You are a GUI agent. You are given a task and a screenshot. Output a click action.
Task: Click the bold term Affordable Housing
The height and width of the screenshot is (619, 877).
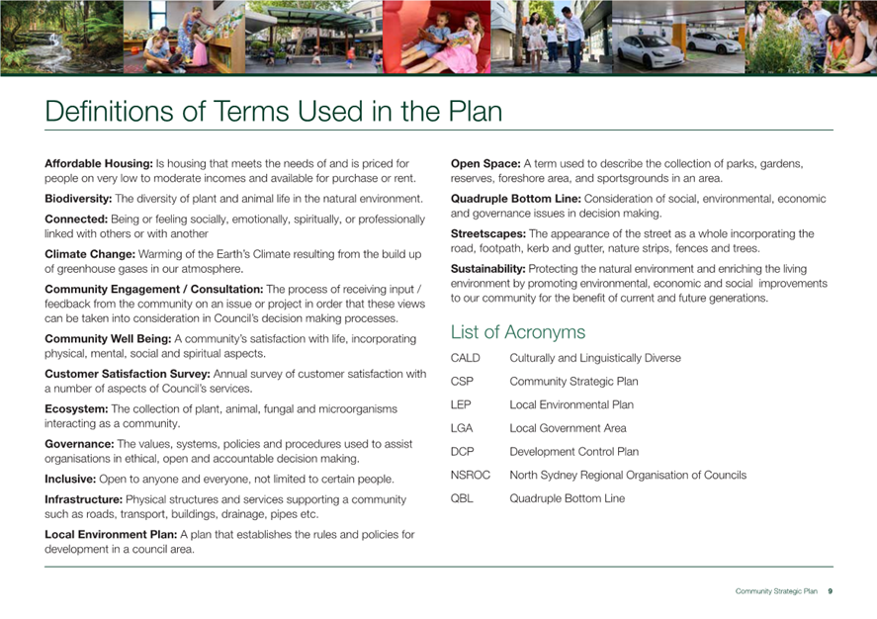[x=98, y=163]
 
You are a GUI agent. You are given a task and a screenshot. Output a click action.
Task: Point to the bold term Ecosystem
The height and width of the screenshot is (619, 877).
[x=76, y=408]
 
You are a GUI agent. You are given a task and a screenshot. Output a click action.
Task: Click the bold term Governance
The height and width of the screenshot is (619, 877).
[x=79, y=444]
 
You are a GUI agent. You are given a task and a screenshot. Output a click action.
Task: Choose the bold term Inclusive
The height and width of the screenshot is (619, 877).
[x=70, y=480]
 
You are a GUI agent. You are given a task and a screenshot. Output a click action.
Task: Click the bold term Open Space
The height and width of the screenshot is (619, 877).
[x=484, y=163]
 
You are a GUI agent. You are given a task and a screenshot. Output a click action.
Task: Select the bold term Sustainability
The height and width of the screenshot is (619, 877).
[x=488, y=269]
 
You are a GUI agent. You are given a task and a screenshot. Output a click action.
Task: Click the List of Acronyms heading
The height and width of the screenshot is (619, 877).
[x=517, y=332]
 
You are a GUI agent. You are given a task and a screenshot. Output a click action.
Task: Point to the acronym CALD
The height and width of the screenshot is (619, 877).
[x=465, y=358]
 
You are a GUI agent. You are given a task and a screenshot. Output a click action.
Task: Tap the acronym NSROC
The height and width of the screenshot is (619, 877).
[x=470, y=476]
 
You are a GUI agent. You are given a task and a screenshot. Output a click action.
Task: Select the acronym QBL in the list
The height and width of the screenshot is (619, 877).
[x=462, y=498]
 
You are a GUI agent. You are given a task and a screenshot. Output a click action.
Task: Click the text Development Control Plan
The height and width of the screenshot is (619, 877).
[x=573, y=452]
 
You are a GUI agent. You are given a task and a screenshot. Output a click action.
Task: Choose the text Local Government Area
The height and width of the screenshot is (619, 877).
[x=568, y=428]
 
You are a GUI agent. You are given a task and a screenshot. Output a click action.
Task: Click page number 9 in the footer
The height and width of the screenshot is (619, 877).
[x=830, y=590]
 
